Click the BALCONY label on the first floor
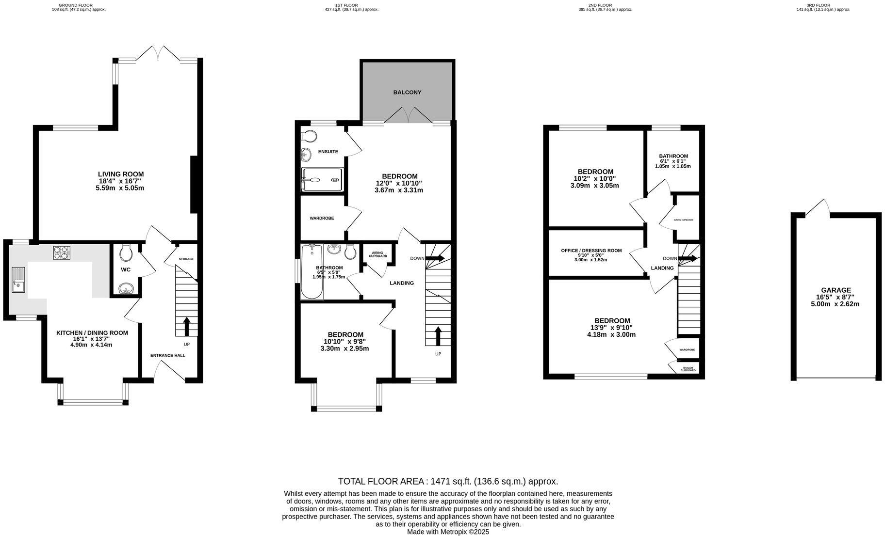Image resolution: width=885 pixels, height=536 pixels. [x=407, y=92]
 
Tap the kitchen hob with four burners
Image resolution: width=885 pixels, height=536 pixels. [x=62, y=252]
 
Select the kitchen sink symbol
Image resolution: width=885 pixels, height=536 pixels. [x=18, y=280]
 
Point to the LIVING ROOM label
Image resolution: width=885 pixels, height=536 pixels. [x=121, y=174]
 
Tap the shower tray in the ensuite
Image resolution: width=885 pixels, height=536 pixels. [x=322, y=180]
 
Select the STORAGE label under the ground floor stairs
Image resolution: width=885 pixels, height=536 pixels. [x=186, y=259]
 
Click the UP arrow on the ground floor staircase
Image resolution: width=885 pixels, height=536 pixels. [x=186, y=326]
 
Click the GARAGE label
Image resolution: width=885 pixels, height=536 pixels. [x=836, y=290]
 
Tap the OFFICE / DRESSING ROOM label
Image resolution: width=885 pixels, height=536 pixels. [x=591, y=251]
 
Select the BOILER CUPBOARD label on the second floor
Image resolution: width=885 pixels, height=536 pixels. [x=688, y=369]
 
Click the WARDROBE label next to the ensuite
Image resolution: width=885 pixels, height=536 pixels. [x=322, y=218]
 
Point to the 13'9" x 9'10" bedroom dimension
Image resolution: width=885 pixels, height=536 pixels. [x=612, y=328]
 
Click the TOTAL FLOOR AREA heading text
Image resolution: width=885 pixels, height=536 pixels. [x=448, y=481]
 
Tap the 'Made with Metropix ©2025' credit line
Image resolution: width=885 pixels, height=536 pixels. [x=448, y=532]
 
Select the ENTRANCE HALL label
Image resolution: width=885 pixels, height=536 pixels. [x=167, y=355]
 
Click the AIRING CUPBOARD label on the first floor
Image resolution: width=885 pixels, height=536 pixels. [x=378, y=254]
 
